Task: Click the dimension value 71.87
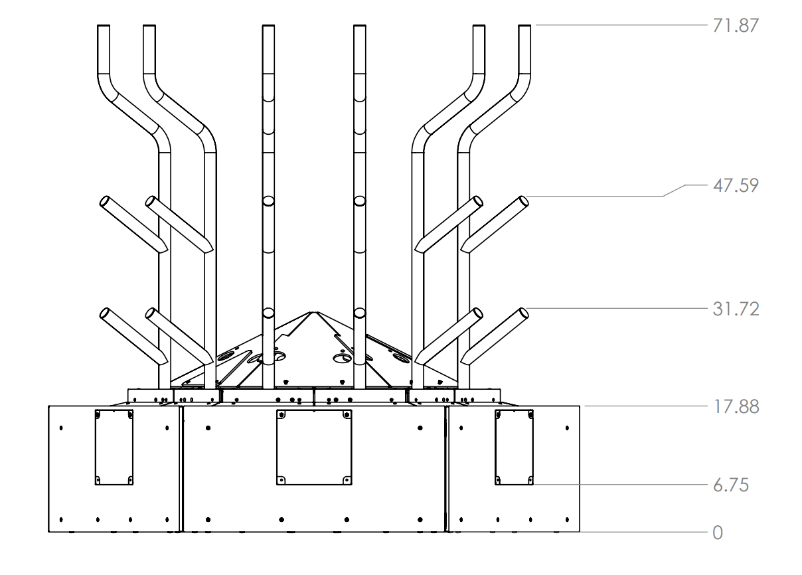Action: click(x=736, y=25)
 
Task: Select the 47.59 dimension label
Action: click(x=736, y=185)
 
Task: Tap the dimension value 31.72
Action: click(x=736, y=309)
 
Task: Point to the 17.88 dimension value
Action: click(x=736, y=407)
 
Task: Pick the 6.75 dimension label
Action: click(x=731, y=485)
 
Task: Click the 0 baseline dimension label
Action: click(x=718, y=533)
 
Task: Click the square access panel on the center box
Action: click(x=314, y=448)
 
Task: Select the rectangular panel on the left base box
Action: click(x=114, y=448)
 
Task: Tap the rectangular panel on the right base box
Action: click(x=514, y=448)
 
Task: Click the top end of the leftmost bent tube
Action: click(x=104, y=25)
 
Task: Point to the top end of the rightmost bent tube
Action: click(x=524, y=25)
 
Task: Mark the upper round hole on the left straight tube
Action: click(x=268, y=201)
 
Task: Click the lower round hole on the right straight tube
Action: click(x=360, y=313)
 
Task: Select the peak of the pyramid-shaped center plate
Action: click(x=314, y=312)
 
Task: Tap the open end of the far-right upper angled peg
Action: click(x=524, y=201)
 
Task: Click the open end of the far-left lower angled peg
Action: click(x=104, y=313)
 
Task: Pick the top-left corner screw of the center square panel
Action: click(x=281, y=415)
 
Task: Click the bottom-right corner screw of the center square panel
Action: click(x=347, y=480)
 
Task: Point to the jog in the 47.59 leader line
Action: click(x=663, y=196)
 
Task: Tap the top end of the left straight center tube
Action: click(x=268, y=25)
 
